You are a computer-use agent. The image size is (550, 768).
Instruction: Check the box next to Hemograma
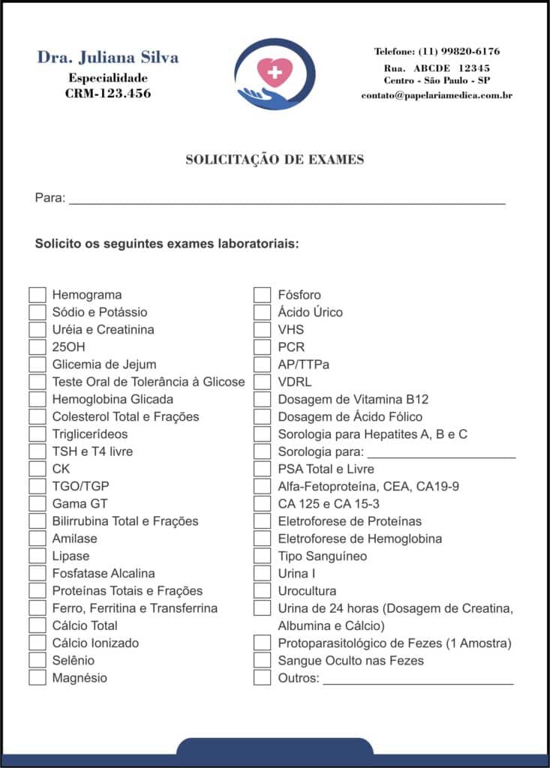pos(38,295)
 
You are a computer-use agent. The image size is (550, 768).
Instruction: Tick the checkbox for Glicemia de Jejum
pos(38,364)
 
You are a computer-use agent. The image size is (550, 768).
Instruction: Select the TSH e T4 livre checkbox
pos(38,451)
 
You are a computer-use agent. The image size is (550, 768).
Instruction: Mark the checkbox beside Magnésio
pos(38,678)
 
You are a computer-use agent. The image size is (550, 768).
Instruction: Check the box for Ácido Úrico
pos(262,312)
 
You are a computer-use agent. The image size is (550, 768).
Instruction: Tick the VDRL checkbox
pos(262,382)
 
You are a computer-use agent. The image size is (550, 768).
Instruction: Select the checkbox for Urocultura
pos(262,591)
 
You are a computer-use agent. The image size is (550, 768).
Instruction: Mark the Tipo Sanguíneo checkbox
pos(262,556)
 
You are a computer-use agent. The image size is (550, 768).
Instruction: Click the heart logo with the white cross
pos(275,73)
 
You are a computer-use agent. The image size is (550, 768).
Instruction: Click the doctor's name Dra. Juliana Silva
pos(108,58)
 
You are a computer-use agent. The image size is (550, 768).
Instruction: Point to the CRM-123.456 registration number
pos(108,94)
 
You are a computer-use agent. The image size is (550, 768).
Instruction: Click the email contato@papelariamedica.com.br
pos(437,95)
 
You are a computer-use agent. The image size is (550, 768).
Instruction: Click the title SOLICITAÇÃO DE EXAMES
pos(275,159)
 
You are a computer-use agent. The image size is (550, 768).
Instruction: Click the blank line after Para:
pos(287,201)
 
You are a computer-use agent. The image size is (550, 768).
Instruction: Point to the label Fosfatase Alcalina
pos(104,573)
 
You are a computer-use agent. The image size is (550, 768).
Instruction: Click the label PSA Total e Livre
pos(326,469)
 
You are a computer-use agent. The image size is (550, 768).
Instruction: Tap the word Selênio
pos(74,661)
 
